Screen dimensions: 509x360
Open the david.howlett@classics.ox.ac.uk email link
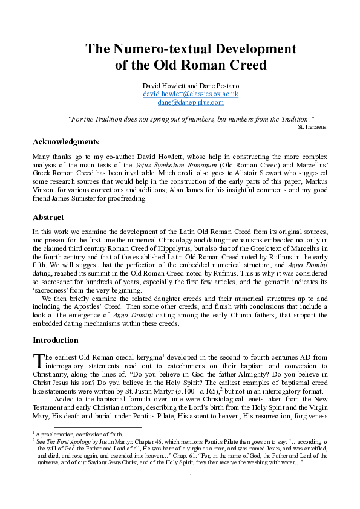coord(191,94)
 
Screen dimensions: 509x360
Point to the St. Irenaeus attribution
coord(313,128)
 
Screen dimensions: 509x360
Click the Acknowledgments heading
coord(65,142)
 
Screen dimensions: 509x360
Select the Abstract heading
coord(48,217)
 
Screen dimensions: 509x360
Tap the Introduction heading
coord(55,340)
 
